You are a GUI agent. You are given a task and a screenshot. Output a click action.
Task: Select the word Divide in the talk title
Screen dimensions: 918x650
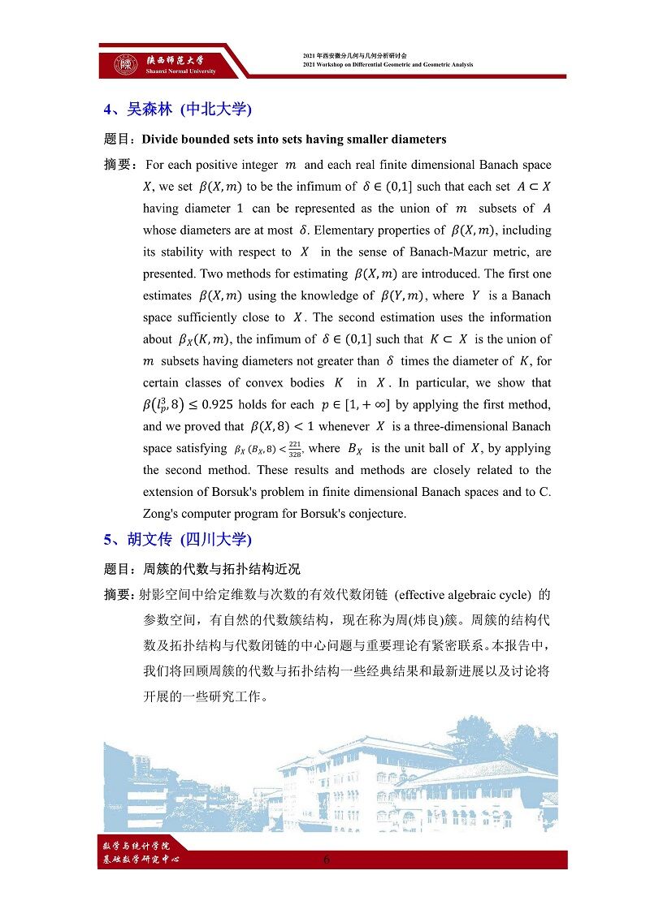pos(161,140)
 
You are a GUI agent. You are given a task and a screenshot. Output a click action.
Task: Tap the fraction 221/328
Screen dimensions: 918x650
pos(296,449)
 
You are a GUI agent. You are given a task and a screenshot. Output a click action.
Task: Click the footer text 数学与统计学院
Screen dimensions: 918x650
pos(133,846)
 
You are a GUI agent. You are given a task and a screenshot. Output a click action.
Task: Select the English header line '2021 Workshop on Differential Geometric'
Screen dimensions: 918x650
pos(388,65)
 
